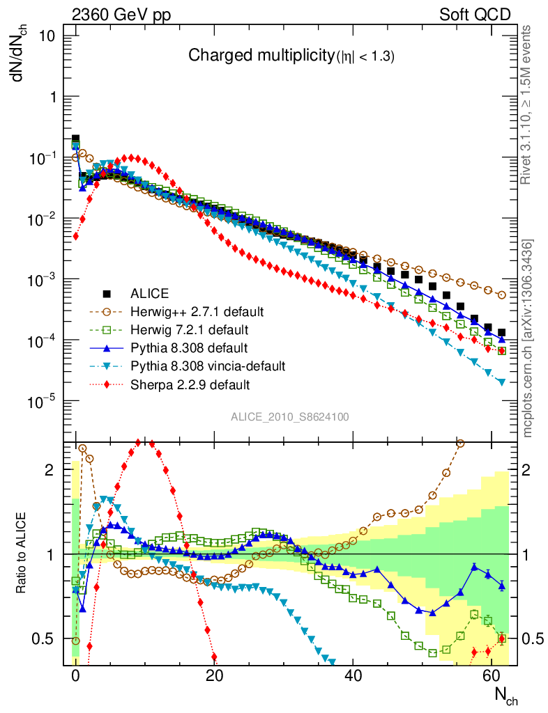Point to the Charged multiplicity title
click(x=291, y=57)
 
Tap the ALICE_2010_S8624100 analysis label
click(x=290, y=417)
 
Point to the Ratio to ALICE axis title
click(x=23, y=554)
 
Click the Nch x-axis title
click(x=506, y=694)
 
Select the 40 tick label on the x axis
click(x=353, y=675)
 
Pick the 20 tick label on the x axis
click(x=215, y=675)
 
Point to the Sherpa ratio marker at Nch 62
click(x=501, y=638)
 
